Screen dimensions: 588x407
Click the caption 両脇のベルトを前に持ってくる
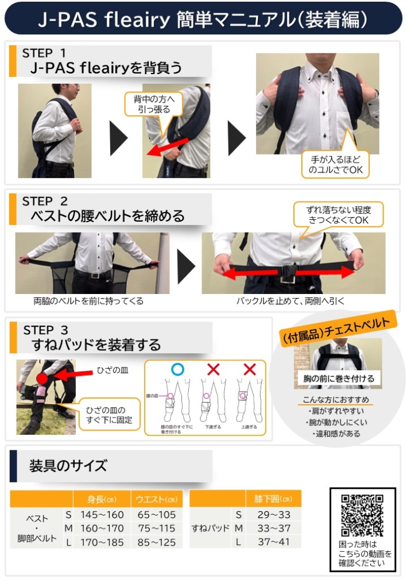88,301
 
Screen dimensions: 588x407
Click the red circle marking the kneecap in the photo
41,377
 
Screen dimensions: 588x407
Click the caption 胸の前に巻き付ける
339,378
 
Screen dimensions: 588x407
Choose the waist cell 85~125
157,541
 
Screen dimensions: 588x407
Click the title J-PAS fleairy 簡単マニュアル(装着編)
203,20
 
